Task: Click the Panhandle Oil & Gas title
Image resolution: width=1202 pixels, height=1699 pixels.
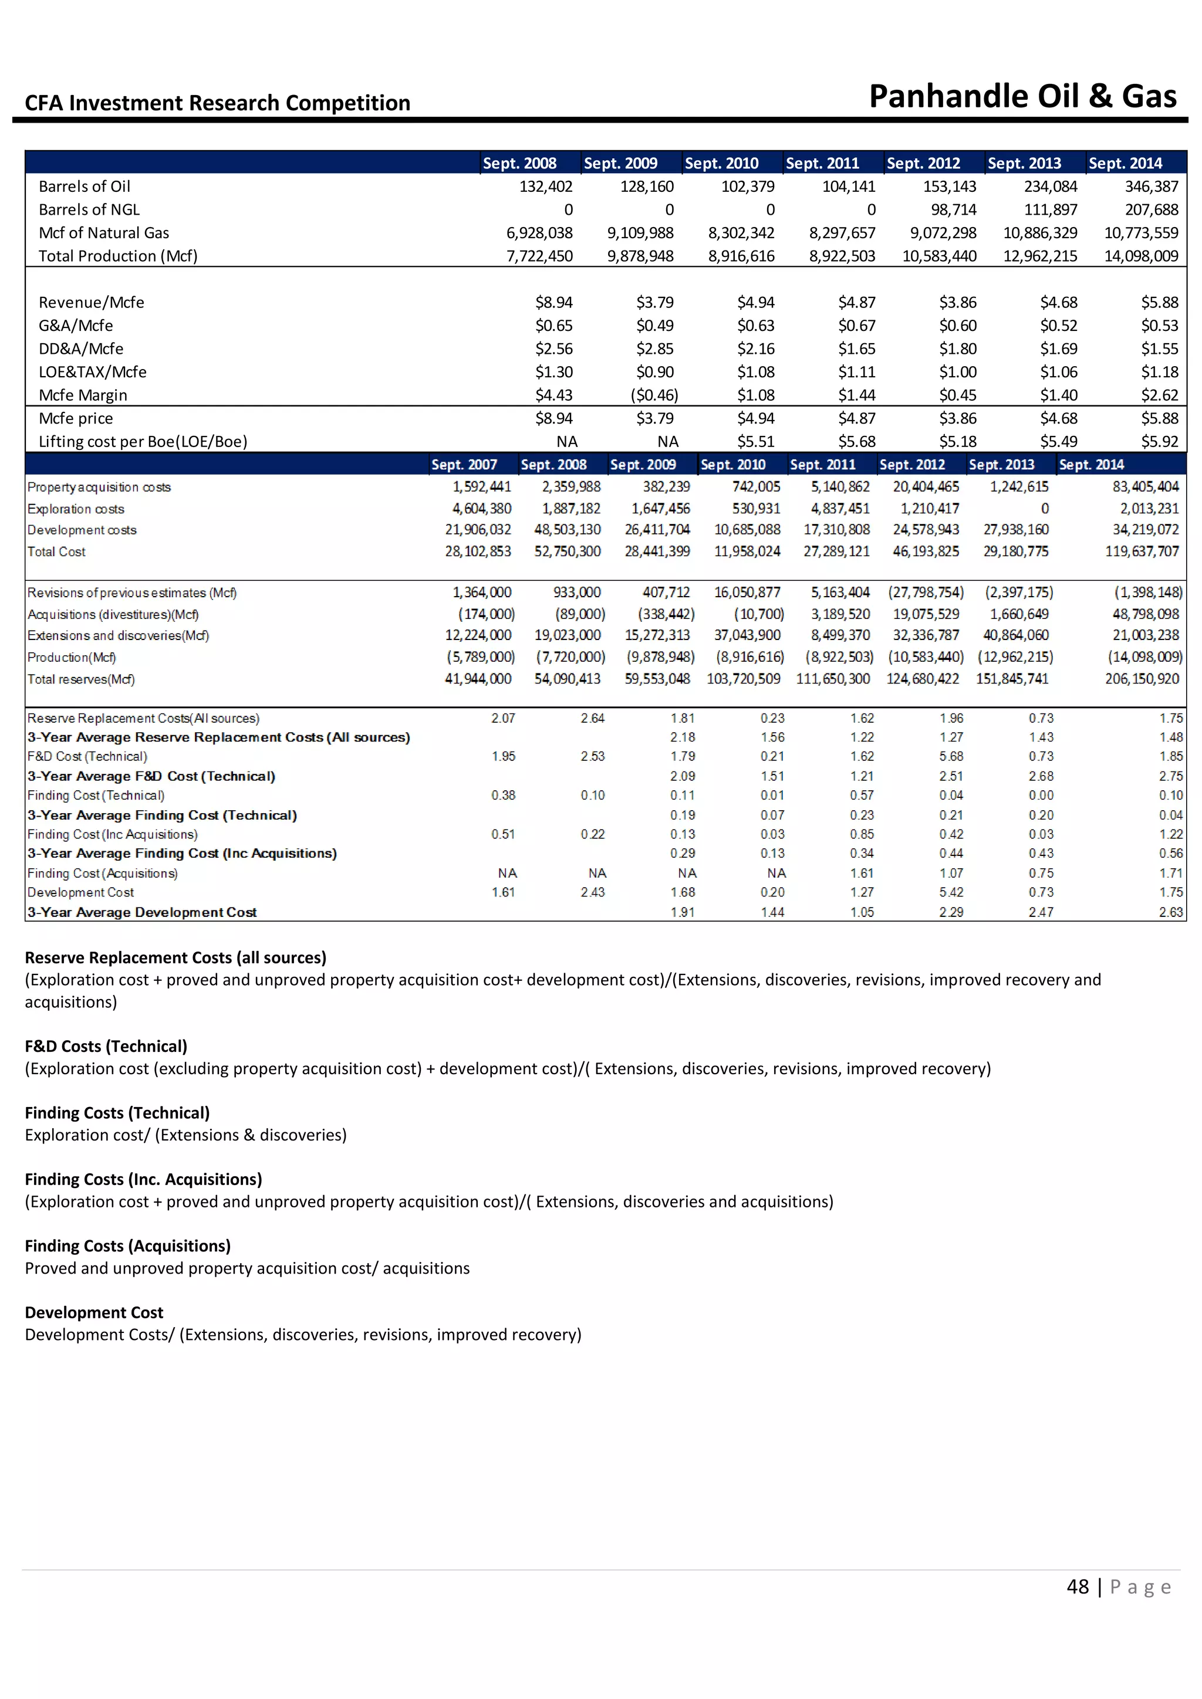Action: pos(1022,97)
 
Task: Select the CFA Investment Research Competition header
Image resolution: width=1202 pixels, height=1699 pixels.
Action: pos(218,103)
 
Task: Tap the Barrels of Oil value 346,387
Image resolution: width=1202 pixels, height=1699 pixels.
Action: pos(1151,187)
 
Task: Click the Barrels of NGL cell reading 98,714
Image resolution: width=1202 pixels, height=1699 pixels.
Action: pos(953,210)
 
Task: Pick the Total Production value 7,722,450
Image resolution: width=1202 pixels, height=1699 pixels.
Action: pos(539,256)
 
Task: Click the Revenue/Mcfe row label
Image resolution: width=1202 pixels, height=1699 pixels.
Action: pos(91,303)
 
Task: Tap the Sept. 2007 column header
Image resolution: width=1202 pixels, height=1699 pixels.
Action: pos(464,465)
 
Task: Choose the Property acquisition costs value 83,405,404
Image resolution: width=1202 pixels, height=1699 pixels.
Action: pos(1145,487)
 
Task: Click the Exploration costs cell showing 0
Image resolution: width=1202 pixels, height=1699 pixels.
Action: pos(1044,509)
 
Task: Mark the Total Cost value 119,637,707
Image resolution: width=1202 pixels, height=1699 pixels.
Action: pos(1143,551)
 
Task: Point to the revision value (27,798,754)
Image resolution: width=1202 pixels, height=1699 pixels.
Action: pos(926,593)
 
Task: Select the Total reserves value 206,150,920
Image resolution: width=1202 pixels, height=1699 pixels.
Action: pos(1142,679)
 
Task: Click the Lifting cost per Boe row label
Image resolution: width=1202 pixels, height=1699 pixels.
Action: pos(143,442)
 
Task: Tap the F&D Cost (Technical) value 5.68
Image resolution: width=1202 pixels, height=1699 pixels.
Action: pos(951,756)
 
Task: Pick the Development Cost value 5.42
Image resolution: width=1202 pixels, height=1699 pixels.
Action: pos(951,892)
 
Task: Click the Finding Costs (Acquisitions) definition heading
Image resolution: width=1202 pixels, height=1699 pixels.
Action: pos(128,1246)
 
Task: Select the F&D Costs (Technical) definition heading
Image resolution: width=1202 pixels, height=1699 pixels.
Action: pos(106,1047)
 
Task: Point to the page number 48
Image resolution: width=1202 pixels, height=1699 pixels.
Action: pos(1078,1586)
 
